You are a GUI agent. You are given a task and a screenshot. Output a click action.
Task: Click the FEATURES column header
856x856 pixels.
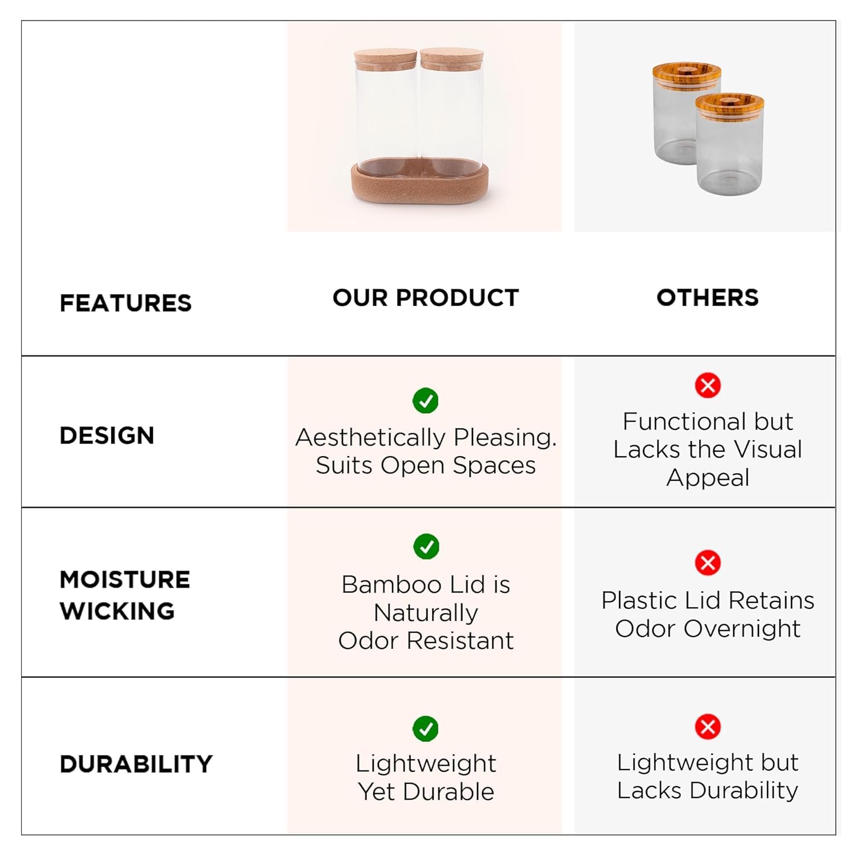click(x=126, y=303)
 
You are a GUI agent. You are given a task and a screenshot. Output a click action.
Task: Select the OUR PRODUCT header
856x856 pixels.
click(x=426, y=297)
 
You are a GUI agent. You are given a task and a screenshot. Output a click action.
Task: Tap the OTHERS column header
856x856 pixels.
click(x=708, y=297)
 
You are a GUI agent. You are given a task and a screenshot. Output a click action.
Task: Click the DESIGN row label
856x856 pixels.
click(x=107, y=435)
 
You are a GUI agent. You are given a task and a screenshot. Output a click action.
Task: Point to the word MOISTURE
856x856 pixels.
click(x=125, y=579)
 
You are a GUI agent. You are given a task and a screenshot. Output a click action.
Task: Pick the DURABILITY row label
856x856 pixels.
click(x=136, y=764)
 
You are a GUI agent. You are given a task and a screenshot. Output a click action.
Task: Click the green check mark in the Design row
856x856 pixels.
click(x=426, y=401)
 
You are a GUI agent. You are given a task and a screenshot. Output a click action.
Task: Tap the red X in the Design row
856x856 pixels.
click(x=708, y=385)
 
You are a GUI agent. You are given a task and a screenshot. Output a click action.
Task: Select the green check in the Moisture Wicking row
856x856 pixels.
click(x=426, y=547)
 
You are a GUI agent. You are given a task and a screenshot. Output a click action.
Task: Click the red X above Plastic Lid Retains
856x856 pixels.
click(x=708, y=563)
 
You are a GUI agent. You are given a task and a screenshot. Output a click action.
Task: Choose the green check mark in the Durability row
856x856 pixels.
click(x=426, y=729)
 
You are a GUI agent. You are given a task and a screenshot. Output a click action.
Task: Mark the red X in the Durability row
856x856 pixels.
click(x=708, y=726)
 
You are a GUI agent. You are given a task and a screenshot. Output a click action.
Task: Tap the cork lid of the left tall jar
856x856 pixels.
click(x=385, y=59)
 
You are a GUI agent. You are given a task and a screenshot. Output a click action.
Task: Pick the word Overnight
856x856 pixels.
click(x=742, y=629)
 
